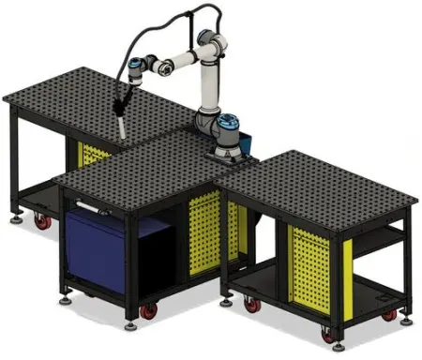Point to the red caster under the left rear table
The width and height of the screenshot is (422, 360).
click(x=41, y=222)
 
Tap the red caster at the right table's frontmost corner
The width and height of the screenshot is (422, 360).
click(x=327, y=333)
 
